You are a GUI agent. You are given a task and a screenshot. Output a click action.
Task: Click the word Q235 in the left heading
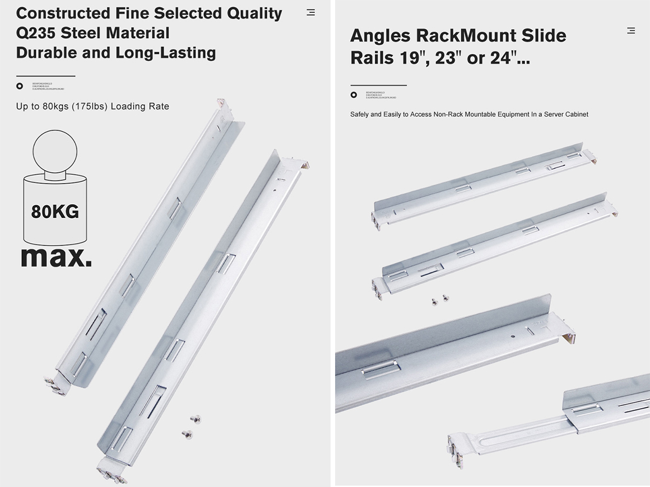click(36, 33)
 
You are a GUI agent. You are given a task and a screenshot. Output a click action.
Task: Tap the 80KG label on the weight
click(55, 212)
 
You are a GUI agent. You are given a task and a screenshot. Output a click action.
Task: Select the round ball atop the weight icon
click(55, 152)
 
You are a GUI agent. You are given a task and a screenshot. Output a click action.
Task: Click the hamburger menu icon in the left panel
click(311, 12)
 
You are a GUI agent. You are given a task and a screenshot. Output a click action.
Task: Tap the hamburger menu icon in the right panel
click(631, 31)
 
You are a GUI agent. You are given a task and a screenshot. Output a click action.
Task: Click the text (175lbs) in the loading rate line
click(89, 106)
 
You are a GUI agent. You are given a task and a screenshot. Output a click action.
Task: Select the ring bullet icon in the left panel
click(20, 86)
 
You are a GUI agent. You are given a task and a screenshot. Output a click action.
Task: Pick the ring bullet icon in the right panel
click(354, 95)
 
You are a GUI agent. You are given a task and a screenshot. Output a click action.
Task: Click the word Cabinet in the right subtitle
click(577, 114)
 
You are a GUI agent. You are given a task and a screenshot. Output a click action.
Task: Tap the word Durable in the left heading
click(47, 53)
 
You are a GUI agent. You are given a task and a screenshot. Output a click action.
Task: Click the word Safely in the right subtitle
click(360, 114)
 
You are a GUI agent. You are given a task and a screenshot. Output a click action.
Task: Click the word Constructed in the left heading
click(63, 13)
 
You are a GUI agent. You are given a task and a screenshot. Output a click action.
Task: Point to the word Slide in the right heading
click(544, 36)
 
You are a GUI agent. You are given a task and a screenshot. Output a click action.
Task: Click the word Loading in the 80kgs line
click(128, 106)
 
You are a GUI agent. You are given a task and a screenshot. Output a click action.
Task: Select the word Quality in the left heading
click(254, 13)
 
